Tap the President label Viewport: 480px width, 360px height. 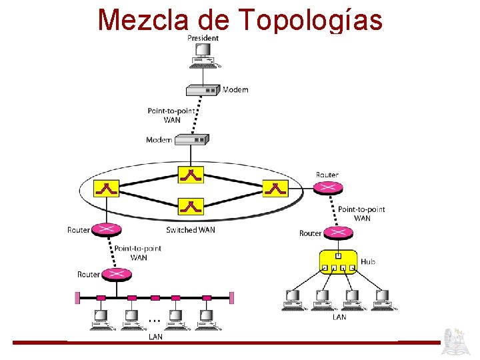203,38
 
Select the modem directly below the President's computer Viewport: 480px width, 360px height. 203,89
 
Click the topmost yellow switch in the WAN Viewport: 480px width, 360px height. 191,175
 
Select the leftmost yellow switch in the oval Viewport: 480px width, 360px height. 106,189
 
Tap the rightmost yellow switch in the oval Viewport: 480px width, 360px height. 275,189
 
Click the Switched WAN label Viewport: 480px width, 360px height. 191,230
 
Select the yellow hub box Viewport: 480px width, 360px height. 338,262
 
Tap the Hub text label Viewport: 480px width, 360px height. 368,262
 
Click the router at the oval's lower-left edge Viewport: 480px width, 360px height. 106,230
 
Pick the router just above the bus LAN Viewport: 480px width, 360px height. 117,274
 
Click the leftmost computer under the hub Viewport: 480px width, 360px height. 292,300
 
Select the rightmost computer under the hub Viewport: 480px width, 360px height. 383,300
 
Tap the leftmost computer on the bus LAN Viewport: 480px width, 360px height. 102,320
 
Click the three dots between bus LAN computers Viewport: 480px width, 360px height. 153,319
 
